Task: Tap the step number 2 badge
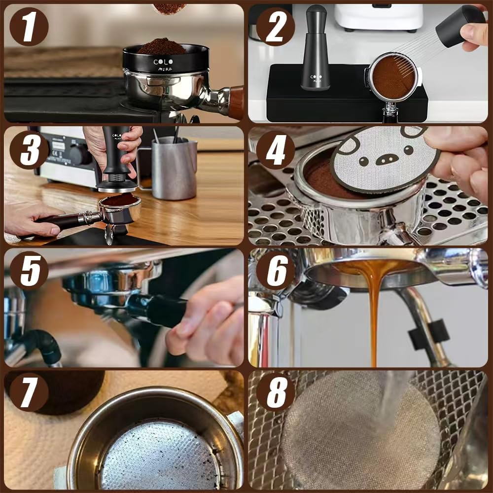pos(276,27)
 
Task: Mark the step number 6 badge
pos(276,271)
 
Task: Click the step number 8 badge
pos(276,392)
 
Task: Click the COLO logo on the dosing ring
pos(163,62)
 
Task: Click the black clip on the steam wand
pos(428,335)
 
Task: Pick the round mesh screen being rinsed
pos(360,434)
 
